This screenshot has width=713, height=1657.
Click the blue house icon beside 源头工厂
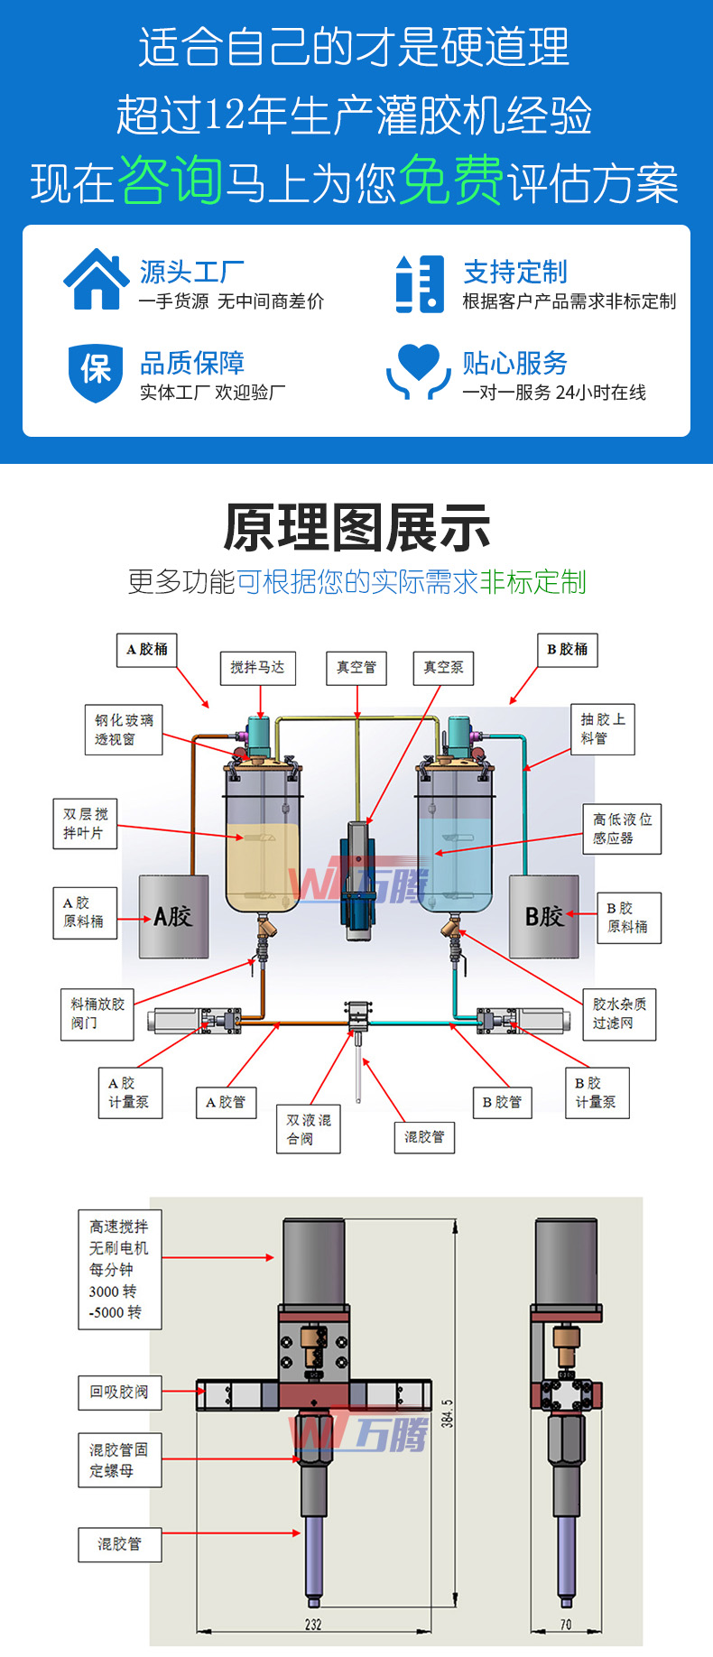(96, 280)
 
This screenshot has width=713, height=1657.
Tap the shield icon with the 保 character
(96, 371)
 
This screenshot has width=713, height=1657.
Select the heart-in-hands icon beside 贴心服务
(418, 371)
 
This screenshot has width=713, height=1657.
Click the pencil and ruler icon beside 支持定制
(420, 283)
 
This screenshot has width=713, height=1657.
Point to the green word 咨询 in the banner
(170, 181)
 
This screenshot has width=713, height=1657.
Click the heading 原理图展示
(356, 528)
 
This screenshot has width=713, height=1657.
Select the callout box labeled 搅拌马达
(257, 668)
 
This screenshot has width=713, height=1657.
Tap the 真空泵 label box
(443, 668)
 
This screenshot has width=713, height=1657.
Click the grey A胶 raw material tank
(173, 916)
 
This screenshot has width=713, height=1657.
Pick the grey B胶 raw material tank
(544, 916)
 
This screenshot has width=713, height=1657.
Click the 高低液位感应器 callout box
(622, 828)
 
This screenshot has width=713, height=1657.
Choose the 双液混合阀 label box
(309, 1129)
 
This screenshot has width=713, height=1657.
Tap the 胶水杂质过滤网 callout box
(619, 1014)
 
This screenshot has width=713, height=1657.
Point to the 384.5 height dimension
(448, 1413)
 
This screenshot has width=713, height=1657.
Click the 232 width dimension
(313, 1624)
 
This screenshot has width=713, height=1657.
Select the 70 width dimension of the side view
(566, 1624)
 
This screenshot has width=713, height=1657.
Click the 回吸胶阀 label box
(119, 1392)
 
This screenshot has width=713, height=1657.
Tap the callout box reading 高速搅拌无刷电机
(119, 1269)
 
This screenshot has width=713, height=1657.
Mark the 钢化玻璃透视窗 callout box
(125, 729)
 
